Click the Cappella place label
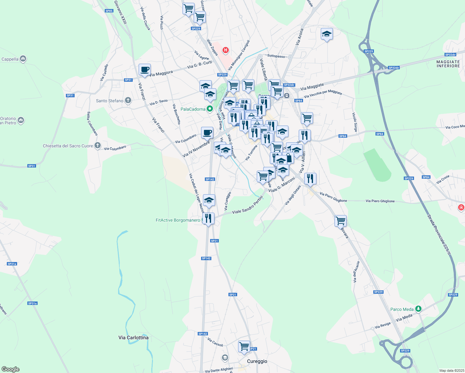(10, 59)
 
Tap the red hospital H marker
(226, 50)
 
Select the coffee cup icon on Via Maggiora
(144, 70)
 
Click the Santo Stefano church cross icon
(128, 100)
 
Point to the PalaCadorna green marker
(210, 109)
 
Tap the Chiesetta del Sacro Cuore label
(68, 146)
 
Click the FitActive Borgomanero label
(178, 220)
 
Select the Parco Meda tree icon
(419, 309)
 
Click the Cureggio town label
(257, 361)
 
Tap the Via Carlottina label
(133, 338)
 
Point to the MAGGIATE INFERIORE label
(448, 64)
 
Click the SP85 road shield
(109, 11)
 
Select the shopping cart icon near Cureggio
(244, 346)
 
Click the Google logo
(10, 369)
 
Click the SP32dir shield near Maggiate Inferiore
(450, 55)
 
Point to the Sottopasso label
(276, 56)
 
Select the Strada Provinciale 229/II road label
(439, 235)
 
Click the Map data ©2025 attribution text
(451, 371)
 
